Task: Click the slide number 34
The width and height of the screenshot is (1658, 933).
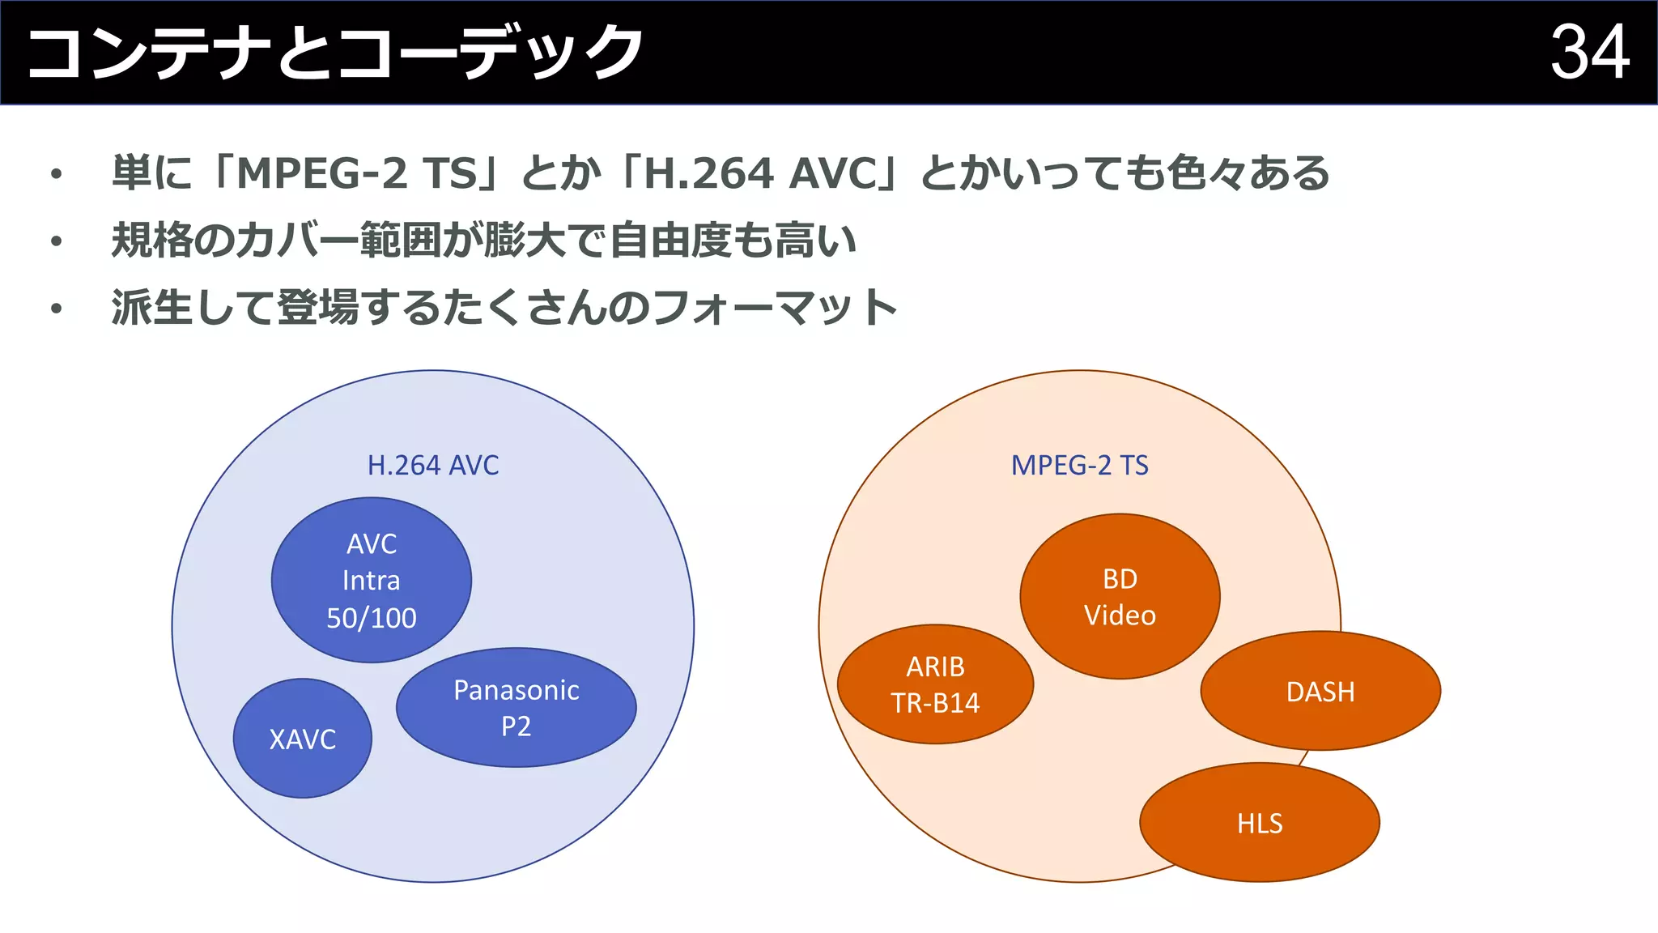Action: pos(1589,53)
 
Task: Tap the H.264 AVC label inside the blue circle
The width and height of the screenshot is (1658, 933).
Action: pos(433,466)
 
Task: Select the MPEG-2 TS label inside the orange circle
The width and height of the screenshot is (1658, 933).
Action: pos(1079,466)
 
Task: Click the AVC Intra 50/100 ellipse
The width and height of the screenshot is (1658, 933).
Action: pos(371,580)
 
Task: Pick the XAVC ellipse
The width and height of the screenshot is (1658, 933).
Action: pos(302,739)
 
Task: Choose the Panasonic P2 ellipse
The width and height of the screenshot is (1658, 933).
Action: pos(516,707)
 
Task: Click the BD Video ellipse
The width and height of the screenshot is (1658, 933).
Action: pos(1120,596)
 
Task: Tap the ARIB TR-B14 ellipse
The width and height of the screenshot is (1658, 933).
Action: pos(935,684)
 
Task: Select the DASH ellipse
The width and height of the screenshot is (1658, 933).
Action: pos(1320,692)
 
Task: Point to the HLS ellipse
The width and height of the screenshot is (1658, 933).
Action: pos(1259,823)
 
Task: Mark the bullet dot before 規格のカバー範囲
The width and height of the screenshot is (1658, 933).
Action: pos(56,241)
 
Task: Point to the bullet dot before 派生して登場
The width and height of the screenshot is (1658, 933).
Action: pos(56,309)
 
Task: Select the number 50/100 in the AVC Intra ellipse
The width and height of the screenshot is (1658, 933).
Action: pos(371,618)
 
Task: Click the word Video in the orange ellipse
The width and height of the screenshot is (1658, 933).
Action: pos(1120,616)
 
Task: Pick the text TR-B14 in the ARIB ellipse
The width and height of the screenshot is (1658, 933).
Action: pos(935,703)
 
